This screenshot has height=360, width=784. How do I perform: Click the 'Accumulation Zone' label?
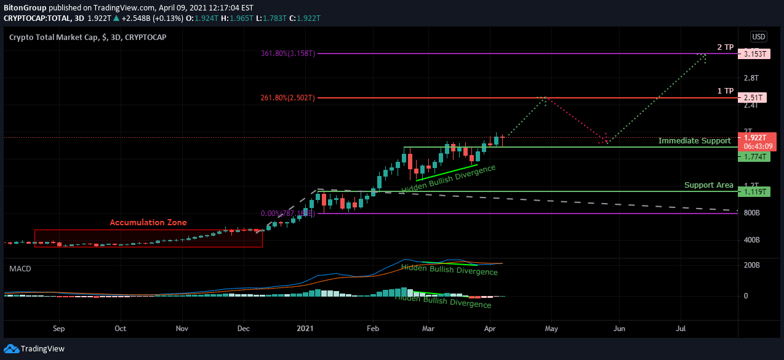148,222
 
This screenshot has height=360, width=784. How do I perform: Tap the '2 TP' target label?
726,47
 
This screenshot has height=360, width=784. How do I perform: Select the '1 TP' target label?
726,91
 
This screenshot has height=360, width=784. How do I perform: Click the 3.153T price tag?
754,54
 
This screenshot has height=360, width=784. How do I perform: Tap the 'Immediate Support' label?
694,141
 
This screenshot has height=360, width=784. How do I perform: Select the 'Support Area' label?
708,185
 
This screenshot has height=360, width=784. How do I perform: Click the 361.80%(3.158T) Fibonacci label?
288,54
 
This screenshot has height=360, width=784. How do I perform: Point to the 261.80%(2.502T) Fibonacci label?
288,98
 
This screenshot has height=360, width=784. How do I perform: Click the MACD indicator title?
20,269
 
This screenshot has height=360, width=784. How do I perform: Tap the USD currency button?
758,36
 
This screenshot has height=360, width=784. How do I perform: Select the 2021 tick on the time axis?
306,329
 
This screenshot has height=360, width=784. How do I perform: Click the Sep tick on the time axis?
58,329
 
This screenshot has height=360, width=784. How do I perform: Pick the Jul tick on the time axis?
681,329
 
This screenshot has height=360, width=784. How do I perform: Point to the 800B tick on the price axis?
753,213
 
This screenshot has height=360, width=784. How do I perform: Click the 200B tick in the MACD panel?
753,265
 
